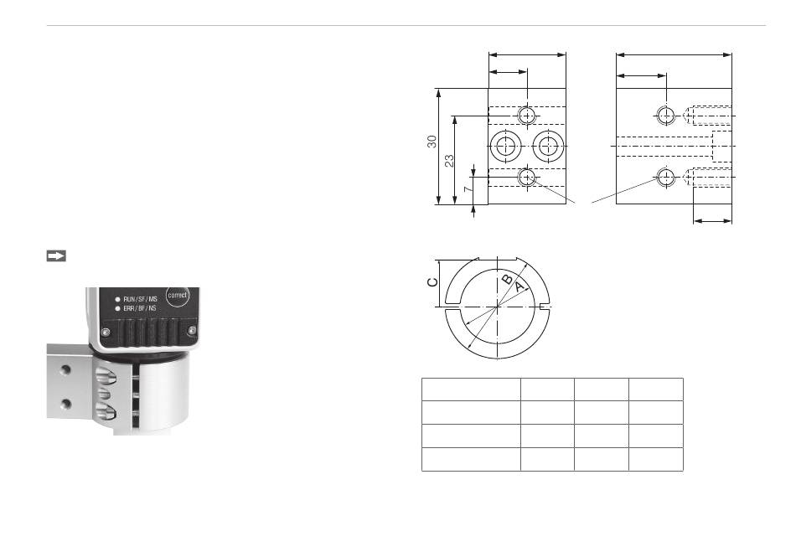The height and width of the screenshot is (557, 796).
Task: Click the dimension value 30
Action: coord(432,142)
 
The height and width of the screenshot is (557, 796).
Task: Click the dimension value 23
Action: coord(449,161)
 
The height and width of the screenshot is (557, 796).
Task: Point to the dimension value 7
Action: coord(468,188)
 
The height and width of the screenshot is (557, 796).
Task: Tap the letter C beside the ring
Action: coord(432,281)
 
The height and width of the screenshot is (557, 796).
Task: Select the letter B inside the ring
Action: coord(507,280)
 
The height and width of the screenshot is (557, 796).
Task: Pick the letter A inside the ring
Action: coord(519,287)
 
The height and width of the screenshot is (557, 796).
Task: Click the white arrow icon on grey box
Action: coord(56,256)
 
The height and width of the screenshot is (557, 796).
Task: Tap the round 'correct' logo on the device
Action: coord(177,295)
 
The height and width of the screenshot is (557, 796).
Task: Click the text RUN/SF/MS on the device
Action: coord(140,299)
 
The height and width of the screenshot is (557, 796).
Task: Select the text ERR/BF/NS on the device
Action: coord(140,308)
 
